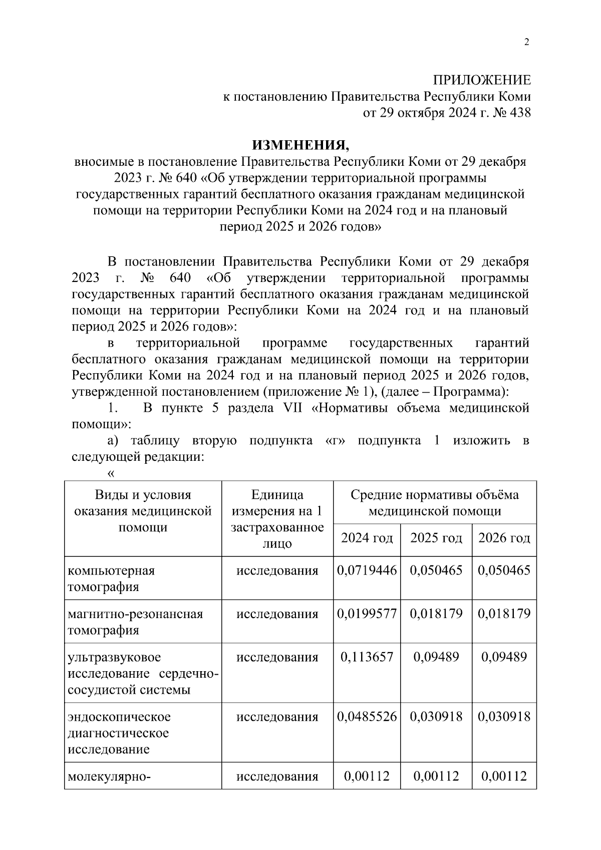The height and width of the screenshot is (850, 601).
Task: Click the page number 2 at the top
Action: click(x=526, y=43)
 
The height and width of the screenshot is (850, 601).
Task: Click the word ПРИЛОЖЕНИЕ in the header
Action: click(x=481, y=80)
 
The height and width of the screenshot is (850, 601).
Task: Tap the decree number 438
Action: click(x=519, y=113)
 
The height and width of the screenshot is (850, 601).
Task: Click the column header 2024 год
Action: click(x=367, y=538)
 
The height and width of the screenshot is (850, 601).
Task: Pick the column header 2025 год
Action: click(x=436, y=538)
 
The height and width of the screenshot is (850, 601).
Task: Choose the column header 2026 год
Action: click(x=504, y=538)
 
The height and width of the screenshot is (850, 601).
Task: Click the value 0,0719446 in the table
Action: click(x=367, y=571)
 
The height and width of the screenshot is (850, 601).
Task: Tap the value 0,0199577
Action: click(x=367, y=614)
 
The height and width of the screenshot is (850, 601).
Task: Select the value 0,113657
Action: click(x=367, y=657)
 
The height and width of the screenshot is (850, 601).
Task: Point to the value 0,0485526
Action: click(x=367, y=717)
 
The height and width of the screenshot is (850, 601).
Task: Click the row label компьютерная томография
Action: click(x=111, y=579)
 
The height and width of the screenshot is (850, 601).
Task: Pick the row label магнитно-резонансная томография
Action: click(x=135, y=622)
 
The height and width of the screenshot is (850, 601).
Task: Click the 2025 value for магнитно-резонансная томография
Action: click(x=436, y=614)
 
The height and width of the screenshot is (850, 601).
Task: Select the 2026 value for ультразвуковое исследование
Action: click(x=504, y=657)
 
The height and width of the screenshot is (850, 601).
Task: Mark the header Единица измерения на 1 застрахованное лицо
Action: click(x=277, y=519)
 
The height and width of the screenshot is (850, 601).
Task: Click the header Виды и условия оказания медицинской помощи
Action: click(x=143, y=511)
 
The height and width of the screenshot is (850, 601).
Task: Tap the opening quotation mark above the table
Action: click(x=111, y=473)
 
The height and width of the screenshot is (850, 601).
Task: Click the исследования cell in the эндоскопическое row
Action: click(x=277, y=717)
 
